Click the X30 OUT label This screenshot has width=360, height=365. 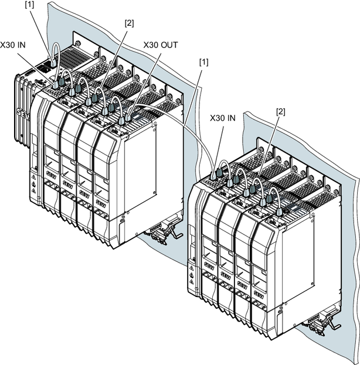[161, 45]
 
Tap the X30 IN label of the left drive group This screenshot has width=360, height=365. [13, 45]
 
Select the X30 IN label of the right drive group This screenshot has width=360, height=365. [223, 118]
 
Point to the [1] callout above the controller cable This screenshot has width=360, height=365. [29, 5]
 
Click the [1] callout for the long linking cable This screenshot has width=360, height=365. [204, 62]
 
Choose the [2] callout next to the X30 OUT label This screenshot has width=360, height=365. [130, 23]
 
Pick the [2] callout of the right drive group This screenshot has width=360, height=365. [280, 112]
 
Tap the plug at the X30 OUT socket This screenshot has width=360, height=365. [128, 117]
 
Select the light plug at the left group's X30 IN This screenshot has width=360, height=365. [55, 84]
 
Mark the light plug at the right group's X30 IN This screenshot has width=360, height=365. [213, 176]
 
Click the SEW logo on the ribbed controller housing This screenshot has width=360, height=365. [23, 114]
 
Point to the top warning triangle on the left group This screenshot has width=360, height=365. [33, 178]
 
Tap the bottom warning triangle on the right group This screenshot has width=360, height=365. [192, 282]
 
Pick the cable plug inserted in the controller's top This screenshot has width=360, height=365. [53, 62]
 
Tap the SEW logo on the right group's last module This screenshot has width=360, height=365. [259, 295]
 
